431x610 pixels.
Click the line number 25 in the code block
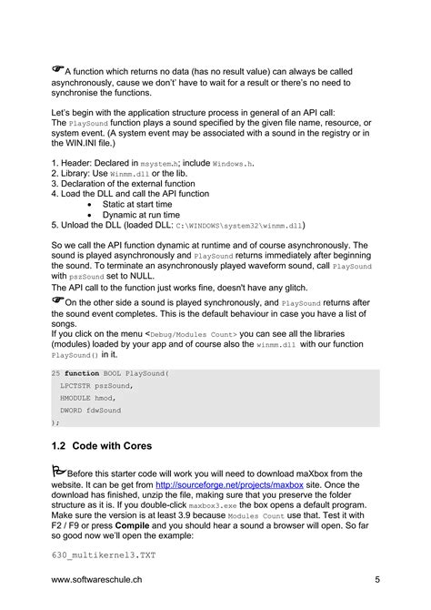[x=55, y=374]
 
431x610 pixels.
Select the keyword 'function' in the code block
[x=82, y=374]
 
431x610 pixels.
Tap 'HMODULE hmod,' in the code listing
[x=88, y=398]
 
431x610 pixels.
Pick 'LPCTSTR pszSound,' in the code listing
[x=96, y=386]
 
